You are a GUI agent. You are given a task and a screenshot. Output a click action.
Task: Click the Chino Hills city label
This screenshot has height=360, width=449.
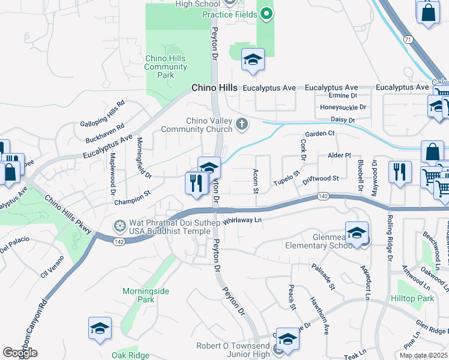pyautogui.click(x=214, y=88)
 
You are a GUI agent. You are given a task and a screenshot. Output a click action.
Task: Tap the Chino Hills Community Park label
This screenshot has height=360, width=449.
pyautogui.click(x=166, y=67)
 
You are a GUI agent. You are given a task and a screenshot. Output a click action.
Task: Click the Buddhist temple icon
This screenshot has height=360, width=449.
pyautogui.click(x=120, y=226)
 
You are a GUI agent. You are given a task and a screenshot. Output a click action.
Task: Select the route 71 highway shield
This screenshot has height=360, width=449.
pyautogui.click(x=407, y=39)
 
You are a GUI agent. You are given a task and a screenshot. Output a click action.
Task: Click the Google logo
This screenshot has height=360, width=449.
pyautogui.click(x=20, y=353)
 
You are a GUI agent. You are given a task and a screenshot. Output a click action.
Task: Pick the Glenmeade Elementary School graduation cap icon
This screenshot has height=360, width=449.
pyautogui.click(x=357, y=233)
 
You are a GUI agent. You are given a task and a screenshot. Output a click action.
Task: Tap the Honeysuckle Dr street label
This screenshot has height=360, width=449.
pyautogui.click(x=343, y=107)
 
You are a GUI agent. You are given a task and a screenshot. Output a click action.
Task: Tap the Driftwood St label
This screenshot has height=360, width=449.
pyautogui.click(x=321, y=179)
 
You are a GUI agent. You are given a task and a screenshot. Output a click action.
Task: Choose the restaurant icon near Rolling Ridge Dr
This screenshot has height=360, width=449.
pyautogui.click(x=399, y=172)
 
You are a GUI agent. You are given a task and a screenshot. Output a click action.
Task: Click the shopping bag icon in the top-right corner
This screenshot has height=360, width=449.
pyautogui.click(x=428, y=12)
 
